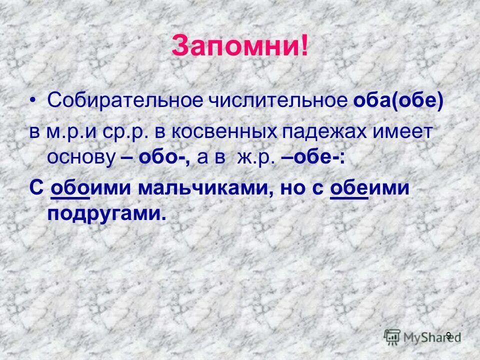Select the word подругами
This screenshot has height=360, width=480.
coord(106,214)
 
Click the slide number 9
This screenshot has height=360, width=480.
coord(448,335)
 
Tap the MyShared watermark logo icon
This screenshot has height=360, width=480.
coord(392,335)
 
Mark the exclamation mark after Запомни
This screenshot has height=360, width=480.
coord(303,46)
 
